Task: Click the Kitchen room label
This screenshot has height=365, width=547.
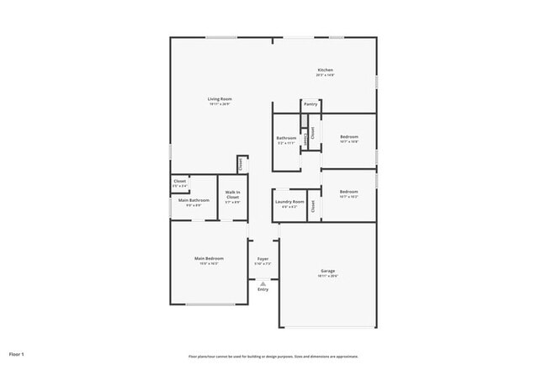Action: [325, 70]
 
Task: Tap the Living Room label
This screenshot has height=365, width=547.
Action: [219, 99]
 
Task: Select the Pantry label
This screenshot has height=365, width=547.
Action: [310, 104]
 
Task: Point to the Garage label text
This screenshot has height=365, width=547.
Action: [327, 271]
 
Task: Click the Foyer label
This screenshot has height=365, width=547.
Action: [263, 259]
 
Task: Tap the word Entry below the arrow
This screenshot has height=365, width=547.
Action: [263, 289]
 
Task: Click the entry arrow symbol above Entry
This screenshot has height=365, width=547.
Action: [263, 283]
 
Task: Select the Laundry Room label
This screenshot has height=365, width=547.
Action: [289, 202]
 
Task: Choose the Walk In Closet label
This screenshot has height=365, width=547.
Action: [232, 195]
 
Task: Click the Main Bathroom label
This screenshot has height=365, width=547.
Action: [194, 200]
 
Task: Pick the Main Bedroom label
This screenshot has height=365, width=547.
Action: [209, 258]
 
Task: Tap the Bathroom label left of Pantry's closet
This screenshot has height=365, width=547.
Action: [286, 138]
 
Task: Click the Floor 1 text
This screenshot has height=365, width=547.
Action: [17, 353]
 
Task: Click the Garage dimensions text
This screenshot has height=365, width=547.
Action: [327, 277]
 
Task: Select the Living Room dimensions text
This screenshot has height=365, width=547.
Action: [219, 105]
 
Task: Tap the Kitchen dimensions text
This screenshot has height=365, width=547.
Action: [325, 76]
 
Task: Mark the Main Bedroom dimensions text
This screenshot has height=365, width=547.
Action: [209, 264]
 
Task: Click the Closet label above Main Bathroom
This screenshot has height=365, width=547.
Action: [179, 181]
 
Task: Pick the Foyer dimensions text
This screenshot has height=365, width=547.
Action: [263, 265]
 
